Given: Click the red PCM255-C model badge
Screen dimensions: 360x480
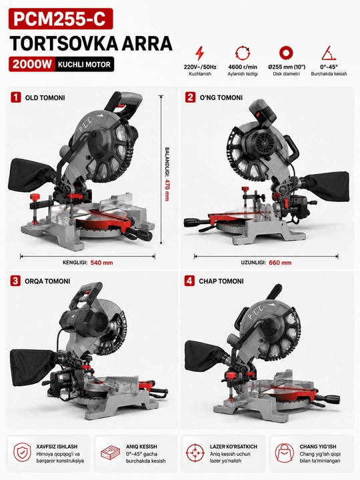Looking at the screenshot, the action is pos(61,19).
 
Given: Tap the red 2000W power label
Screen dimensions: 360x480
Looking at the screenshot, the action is pos(32,64).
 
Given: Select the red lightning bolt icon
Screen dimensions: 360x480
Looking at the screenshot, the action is pos(199,53).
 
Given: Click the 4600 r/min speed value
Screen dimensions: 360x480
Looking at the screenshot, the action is pos(243,67).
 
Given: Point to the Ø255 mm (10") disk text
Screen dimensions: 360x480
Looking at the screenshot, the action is pos(286,67).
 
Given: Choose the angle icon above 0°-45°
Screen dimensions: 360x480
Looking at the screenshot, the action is pos(329,53).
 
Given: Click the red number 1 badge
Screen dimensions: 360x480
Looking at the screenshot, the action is pos(15,97).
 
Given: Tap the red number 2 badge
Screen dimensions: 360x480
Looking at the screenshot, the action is pos(190,97).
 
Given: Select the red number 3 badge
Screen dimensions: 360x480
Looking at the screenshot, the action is pos(15,281).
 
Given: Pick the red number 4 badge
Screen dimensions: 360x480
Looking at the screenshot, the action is pos(189,281).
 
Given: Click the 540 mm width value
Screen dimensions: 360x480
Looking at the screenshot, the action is pos(101,263).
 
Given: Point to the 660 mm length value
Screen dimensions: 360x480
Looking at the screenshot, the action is pos(280,263).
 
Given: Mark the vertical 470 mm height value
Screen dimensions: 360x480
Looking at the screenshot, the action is pos(167,190).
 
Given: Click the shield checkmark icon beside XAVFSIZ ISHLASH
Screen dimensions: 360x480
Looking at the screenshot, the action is pos(22,452).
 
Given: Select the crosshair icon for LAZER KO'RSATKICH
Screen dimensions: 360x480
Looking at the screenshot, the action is pos(195,453).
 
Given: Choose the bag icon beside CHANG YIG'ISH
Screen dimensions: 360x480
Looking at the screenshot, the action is pos(284,453).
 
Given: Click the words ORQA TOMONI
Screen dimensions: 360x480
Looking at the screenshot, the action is pos(47,281).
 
